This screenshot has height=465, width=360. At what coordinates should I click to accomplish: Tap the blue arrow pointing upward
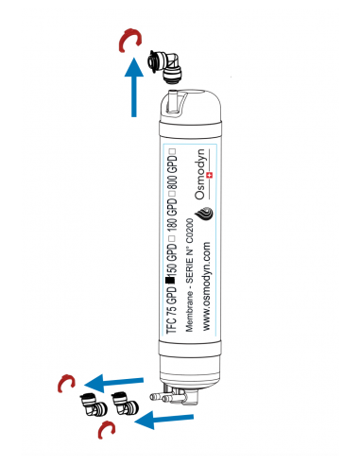[134, 87]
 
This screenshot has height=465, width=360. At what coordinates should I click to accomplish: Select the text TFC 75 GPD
[172, 310]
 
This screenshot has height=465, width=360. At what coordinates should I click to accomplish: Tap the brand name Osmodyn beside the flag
[199, 174]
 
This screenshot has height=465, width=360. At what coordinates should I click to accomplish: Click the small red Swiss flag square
[209, 175]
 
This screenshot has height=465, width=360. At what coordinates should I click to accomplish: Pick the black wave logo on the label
[204, 215]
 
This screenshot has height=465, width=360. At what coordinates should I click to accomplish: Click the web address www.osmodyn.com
[206, 286]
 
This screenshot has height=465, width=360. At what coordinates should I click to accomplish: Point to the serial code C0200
[190, 231]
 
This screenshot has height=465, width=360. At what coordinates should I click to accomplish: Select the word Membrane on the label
[189, 311]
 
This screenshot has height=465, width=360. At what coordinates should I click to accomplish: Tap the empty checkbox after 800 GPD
[172, 151]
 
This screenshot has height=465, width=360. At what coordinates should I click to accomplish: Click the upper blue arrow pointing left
[114, 383]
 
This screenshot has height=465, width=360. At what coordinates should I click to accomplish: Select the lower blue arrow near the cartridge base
[164, 419]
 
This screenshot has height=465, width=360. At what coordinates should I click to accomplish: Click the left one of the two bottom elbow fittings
[94, 404]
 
